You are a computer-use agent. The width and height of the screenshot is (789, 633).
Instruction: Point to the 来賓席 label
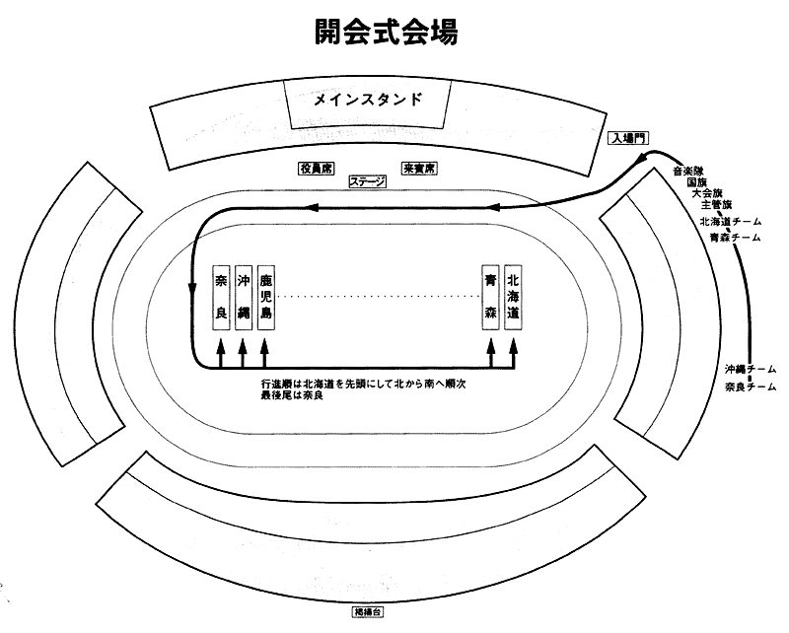click(x=419, y=169)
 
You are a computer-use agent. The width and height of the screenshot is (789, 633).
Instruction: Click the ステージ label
click(x=367, y=182)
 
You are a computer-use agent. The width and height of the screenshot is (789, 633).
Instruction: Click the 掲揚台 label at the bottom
click(x=370, y=612)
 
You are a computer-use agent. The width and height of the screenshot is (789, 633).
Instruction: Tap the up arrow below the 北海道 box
click(x=514, y=349)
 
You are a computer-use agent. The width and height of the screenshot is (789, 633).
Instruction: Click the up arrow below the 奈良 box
click(x=220, y=349)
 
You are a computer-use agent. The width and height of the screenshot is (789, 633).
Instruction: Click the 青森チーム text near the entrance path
click(x=733, y=238)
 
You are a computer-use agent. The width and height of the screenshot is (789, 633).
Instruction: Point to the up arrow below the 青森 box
click(x=491, y=349)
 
